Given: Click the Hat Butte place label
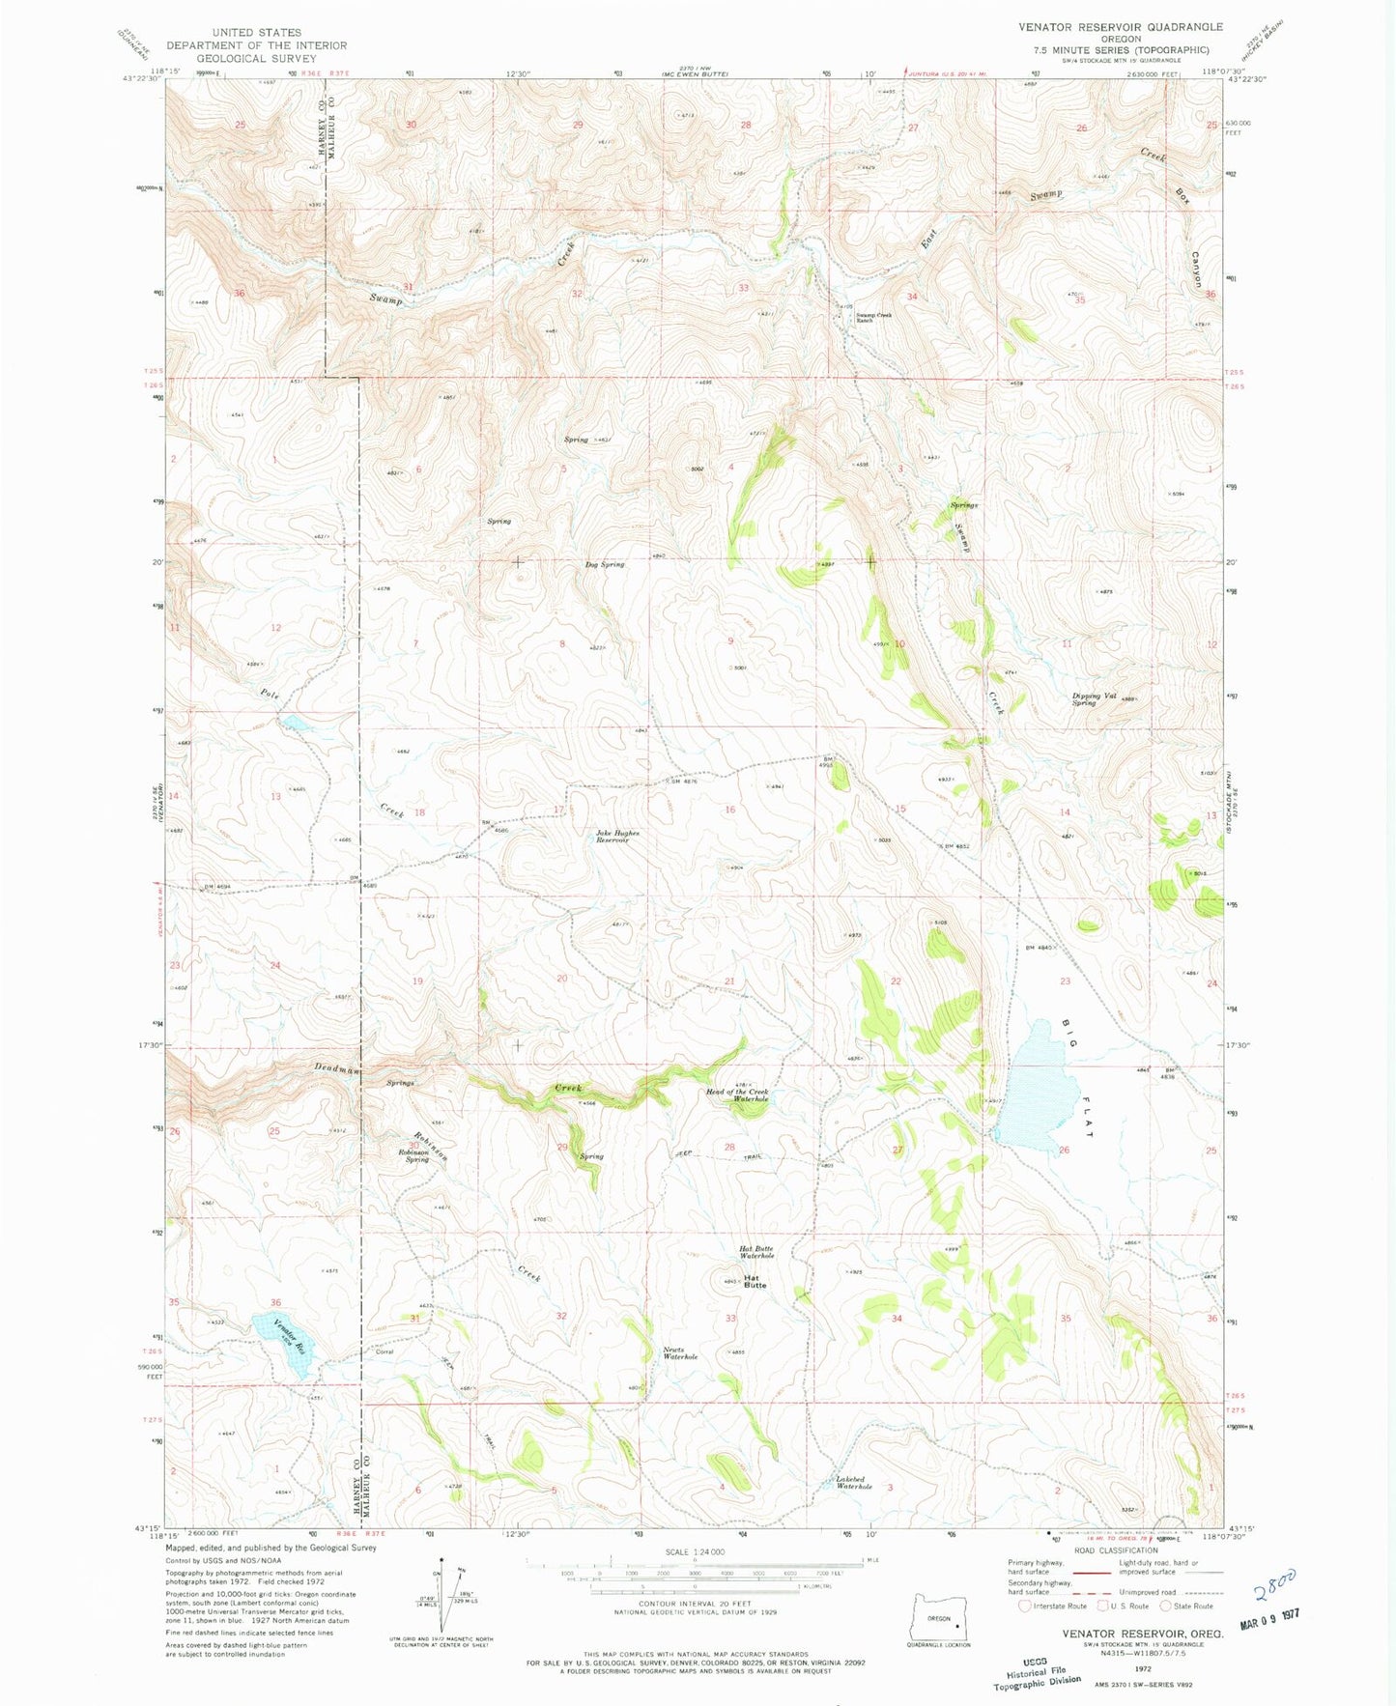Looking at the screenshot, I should click(755, 1281).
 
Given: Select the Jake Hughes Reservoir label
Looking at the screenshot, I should click(613, 837).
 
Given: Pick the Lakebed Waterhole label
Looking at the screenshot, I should click(854, 1483).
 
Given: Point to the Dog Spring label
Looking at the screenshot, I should click(605, 564).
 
